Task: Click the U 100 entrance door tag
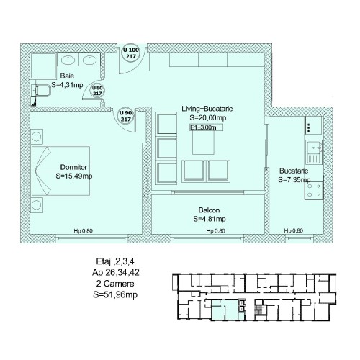(x=131, y=53)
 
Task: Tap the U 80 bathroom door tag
(x=97, y=91)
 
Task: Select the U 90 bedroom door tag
(x=125, y=116)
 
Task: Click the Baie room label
(x=67, y=76)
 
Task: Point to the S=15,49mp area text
(x=74, y=176)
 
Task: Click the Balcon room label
(x=209, y=210)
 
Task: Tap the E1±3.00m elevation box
(x=206, y=127)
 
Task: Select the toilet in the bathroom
(x=41, y=91)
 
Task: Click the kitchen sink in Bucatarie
(x=314, y=152)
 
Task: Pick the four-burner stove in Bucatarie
(x=314, y=191)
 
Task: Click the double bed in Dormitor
(x=61, y=171)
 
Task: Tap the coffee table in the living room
(x=203, y=143)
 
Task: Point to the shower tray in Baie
(x=44, y=66)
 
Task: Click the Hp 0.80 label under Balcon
(x=215, y=231)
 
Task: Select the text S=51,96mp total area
(x=115, y=294)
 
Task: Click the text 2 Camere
(x=115, y=284)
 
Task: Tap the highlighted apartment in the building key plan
(x=225, y=310)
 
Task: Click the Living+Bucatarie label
(x=207, y=109)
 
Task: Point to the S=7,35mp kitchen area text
(x=294, y=179)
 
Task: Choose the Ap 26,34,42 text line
(x=116, y=272)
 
